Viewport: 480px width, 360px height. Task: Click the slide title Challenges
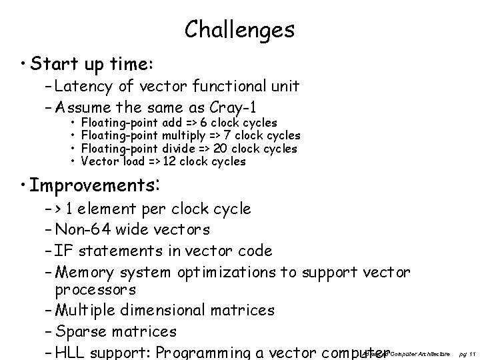click(239, 29)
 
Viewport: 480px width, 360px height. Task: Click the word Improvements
click(91, 184)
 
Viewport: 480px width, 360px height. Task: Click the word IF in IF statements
click(65, 251)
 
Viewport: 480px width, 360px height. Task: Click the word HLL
click(71, 351)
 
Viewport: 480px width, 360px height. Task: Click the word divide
click(178, 148)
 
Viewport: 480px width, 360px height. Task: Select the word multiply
click(183, 135)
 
